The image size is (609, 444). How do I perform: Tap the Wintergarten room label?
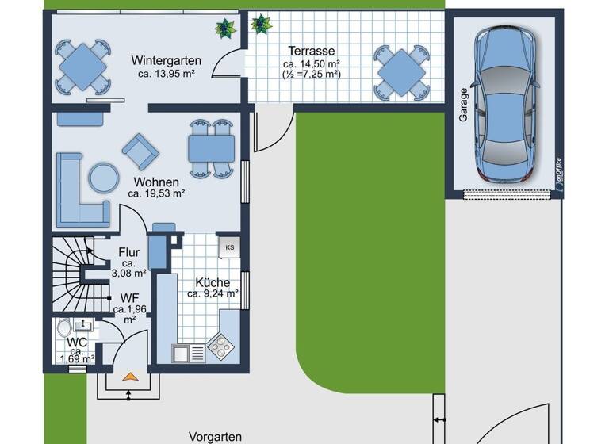(166, 61)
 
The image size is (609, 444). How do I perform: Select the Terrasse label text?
(311, 50)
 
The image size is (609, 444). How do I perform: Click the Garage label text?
(463, 103)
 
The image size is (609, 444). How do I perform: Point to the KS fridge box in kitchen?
(230, 247)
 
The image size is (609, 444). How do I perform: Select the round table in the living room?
(102, 177)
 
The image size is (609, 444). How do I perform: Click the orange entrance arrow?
(128, 377)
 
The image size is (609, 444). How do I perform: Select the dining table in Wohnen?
(211, 147)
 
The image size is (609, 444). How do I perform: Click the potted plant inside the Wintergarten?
(226, 28)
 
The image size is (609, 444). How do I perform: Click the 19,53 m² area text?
(156, 193)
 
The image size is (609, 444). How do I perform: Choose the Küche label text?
(213, 282)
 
